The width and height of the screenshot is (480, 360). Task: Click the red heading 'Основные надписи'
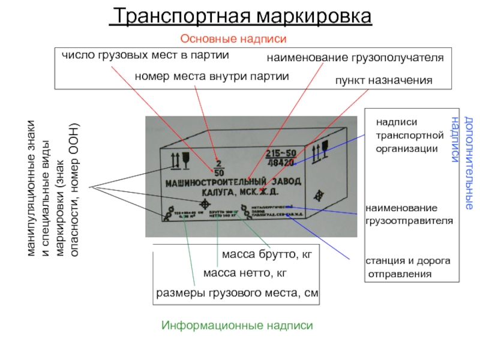tap(235, 38)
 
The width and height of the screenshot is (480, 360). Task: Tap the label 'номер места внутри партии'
tap(212, 77)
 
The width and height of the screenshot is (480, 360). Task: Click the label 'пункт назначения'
tap(383, 80)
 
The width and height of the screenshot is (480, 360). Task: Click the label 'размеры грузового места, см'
tap(237, 293)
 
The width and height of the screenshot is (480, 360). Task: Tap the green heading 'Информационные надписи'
tap(238, 325)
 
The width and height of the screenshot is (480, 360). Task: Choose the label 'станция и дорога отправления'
tap(408, 268)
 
